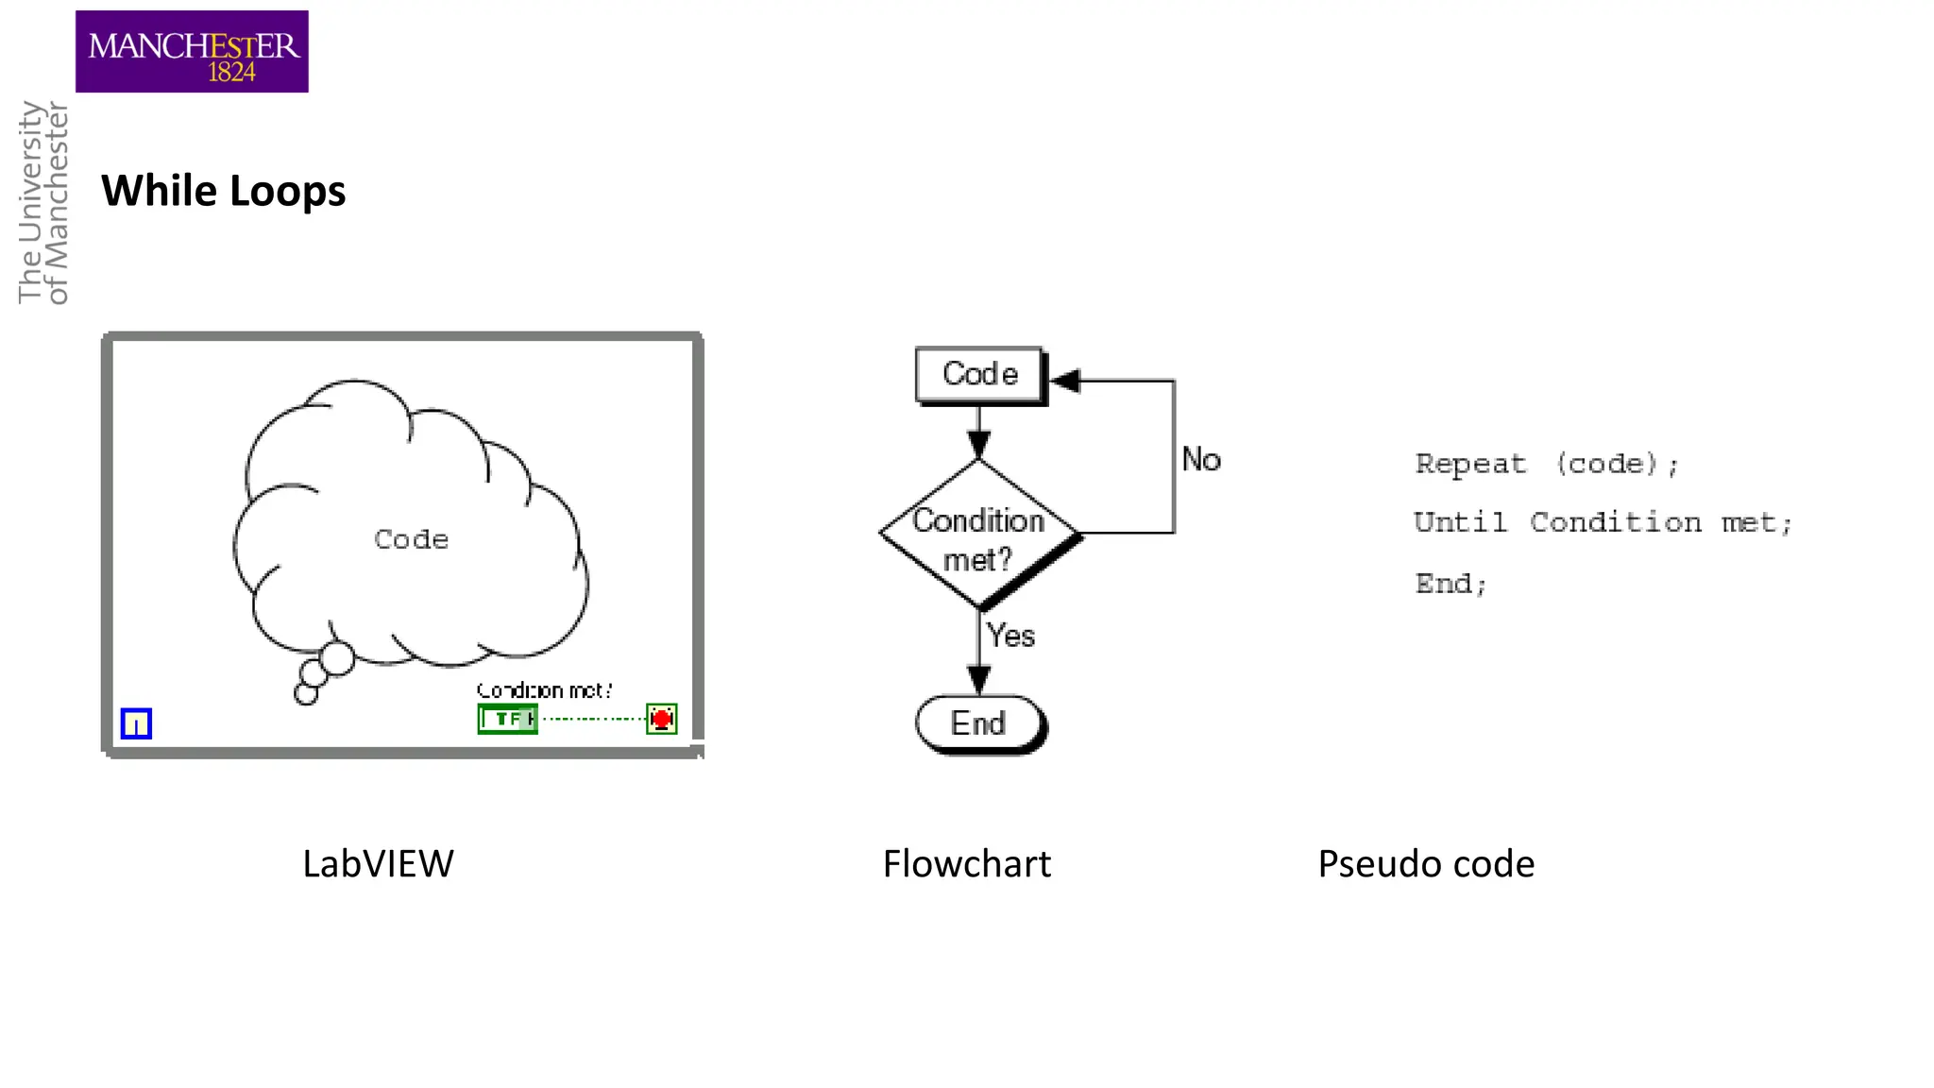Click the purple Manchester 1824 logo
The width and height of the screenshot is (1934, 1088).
192,52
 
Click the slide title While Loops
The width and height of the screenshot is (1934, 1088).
224,191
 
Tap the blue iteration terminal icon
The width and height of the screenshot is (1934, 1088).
136,723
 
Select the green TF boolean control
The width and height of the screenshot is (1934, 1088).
507,719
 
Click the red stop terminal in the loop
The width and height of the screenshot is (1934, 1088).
661,719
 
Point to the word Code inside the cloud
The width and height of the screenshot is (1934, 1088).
411,539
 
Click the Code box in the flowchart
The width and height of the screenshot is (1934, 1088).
980,375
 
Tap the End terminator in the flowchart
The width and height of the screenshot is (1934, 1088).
979,723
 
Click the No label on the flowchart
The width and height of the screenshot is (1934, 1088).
1201,460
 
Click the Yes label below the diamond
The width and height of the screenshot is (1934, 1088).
1010,636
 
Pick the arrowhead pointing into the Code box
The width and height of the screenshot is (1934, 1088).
1065,381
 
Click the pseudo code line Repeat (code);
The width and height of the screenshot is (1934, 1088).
1546,464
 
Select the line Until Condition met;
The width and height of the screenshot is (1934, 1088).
1603,522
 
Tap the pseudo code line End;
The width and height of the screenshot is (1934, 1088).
1450,584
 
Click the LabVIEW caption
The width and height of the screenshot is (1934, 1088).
378,863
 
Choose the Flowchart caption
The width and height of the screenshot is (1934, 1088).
966,863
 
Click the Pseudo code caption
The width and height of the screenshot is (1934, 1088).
1426,863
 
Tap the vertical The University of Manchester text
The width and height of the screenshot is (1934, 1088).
43,203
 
